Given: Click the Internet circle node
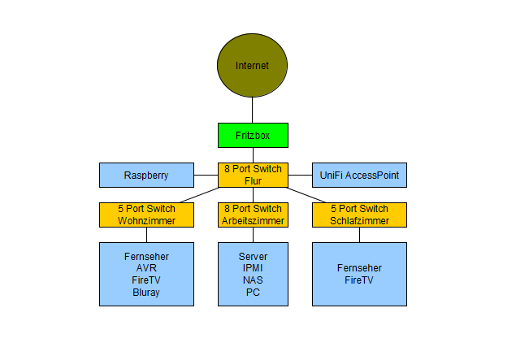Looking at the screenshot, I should [252, 66].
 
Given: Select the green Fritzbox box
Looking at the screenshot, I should [253, 135].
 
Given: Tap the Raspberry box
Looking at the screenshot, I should [146, 175].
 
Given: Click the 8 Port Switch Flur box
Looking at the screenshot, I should [253, 175].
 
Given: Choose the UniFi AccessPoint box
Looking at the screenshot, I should [359, 175].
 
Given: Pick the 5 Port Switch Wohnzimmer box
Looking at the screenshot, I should [146, 215].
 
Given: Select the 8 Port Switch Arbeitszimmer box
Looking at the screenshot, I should [253, 215].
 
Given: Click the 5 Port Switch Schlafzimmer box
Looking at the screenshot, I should [359, 215].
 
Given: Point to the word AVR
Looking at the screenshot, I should [146, 268].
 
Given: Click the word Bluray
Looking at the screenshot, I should [146, 293].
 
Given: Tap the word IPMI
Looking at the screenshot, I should [253, 268].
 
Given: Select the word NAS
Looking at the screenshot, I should [253, 280].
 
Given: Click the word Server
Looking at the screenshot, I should [253, 256].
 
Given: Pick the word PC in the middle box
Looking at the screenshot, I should [253, 293].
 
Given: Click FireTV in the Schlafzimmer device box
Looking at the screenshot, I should [359, 280].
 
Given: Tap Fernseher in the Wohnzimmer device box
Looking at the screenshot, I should [146, 256].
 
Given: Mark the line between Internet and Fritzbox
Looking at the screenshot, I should [252, 111].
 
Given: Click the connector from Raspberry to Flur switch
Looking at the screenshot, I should [206, 175].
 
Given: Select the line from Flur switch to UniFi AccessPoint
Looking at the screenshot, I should [300, 175].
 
